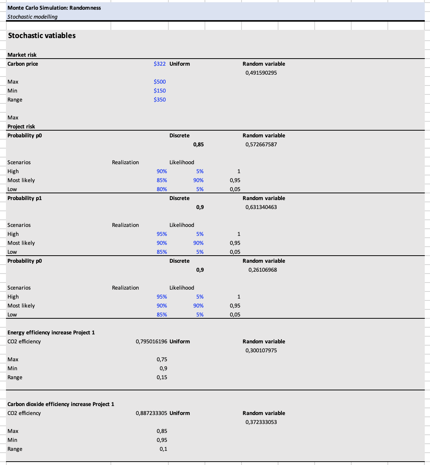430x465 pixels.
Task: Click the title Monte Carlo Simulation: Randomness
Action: coord(54,8)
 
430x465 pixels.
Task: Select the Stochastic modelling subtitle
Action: coord(32,17)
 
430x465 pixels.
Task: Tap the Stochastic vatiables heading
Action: coord(42,35)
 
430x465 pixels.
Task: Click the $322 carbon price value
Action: coord(160,64)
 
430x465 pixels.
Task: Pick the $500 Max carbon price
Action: coord(160,82)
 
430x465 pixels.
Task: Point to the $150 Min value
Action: coord(160,91)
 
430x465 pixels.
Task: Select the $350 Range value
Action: coord(160,100)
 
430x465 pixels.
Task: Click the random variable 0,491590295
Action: coord(261,73)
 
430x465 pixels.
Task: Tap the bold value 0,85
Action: coord(199,144)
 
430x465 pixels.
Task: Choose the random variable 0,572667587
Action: coord(261,144)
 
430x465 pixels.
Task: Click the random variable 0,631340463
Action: coord(261,207)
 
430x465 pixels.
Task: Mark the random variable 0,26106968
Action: coord(263,270)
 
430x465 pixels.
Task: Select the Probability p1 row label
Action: coord(25,198)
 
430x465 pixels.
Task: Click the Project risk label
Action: coord(21,127)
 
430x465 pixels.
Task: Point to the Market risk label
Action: coord(22,55)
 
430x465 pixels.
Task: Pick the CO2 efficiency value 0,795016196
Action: coord(152,341)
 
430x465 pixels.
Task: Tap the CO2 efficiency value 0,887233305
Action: coord(152,413)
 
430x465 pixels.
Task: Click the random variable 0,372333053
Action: coord(261,422)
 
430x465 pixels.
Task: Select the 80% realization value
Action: coord(162,189)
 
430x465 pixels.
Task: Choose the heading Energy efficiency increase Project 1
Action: coord(51,333)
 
